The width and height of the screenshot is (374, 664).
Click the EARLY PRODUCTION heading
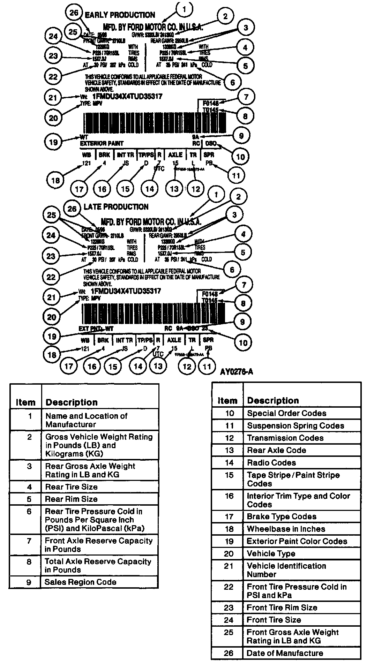(120, 15)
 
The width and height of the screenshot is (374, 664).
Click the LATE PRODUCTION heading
(116, 207)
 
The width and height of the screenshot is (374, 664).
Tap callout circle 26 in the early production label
(74, 13)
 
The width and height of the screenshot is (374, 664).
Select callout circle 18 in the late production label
(52, 355)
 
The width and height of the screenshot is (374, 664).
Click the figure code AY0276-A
(236, 372)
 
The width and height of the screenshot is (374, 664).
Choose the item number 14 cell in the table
(229, 463)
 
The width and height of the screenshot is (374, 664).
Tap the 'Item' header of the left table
(25, 402)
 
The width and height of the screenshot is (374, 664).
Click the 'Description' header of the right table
(273, 400)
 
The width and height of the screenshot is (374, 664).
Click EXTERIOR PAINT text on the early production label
(102, 143)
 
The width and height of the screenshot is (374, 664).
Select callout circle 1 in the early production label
(185, 9)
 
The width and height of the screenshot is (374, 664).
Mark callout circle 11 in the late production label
(207, 366)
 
